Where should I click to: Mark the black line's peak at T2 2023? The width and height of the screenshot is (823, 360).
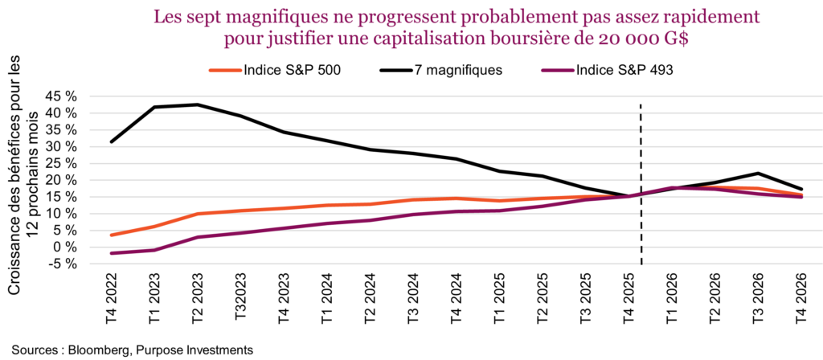[x=197, y=104]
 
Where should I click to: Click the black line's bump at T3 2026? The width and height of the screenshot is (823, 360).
[x=758, y=174]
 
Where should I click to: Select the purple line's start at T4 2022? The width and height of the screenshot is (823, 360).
[x=112, y=253]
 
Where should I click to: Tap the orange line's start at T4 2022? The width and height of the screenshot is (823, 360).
[x=112, y=235]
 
